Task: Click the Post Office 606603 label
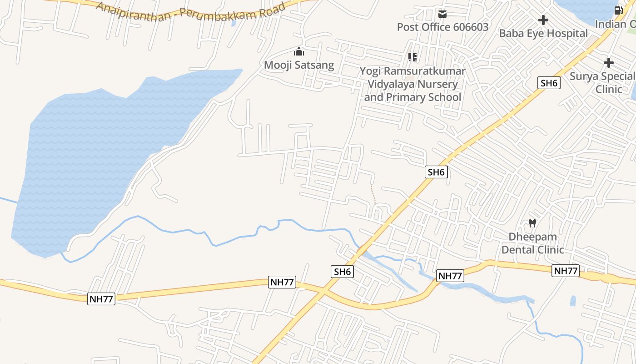(442, 27)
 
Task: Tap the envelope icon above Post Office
(442, 14)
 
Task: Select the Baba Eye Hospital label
(543, 33)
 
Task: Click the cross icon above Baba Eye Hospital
(543, 20)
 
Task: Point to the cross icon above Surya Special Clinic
(609, 63)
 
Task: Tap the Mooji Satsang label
(299, 65)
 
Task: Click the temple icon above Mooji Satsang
(298, 51)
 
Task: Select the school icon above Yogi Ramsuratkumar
(412, 57)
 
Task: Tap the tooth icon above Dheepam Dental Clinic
(532, 223)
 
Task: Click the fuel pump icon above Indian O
(618, 10)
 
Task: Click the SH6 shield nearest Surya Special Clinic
(549, 83)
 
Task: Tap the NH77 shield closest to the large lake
(101, 299)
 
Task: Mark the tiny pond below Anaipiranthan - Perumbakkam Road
(234, 23)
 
